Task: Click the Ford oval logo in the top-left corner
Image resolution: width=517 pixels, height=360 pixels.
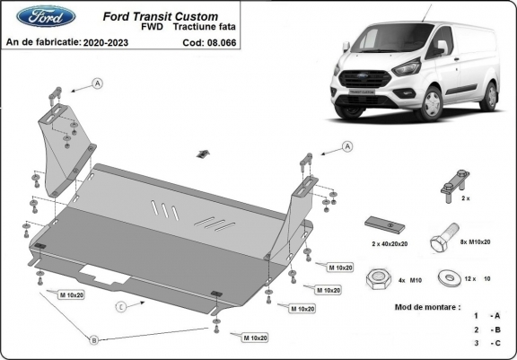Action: pyautogui.click(x=34, y=15)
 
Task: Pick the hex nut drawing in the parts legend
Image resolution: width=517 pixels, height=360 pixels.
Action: pyautogui.click(x=376, y=279)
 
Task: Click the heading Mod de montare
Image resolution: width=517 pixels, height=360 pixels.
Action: pyautogui.click(x=427, y=307)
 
